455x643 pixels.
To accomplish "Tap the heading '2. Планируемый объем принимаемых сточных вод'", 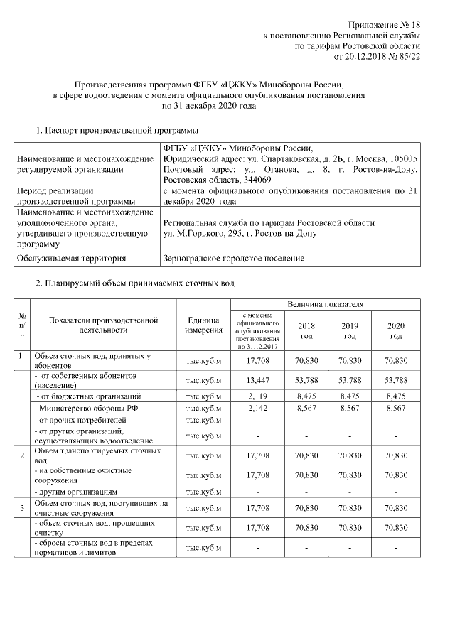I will click(x=135, y=284).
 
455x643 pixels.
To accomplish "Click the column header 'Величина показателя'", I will click(x=325, y=304).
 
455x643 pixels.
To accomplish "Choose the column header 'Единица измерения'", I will click(x=203, y=325).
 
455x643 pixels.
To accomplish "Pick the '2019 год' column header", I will click(x=350, y=330).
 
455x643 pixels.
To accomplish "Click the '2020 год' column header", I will click(x=395, y=330).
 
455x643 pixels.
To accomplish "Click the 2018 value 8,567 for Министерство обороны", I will click(x=306, y=409).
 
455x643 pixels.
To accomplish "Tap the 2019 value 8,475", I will click(x=350, y=395).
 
